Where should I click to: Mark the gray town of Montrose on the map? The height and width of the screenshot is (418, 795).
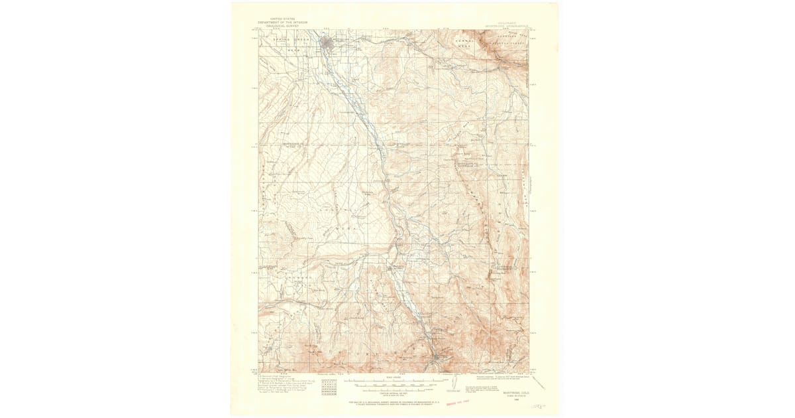328,44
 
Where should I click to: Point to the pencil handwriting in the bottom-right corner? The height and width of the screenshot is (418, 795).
542,404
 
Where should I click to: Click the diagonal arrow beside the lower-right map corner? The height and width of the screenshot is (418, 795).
537,382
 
